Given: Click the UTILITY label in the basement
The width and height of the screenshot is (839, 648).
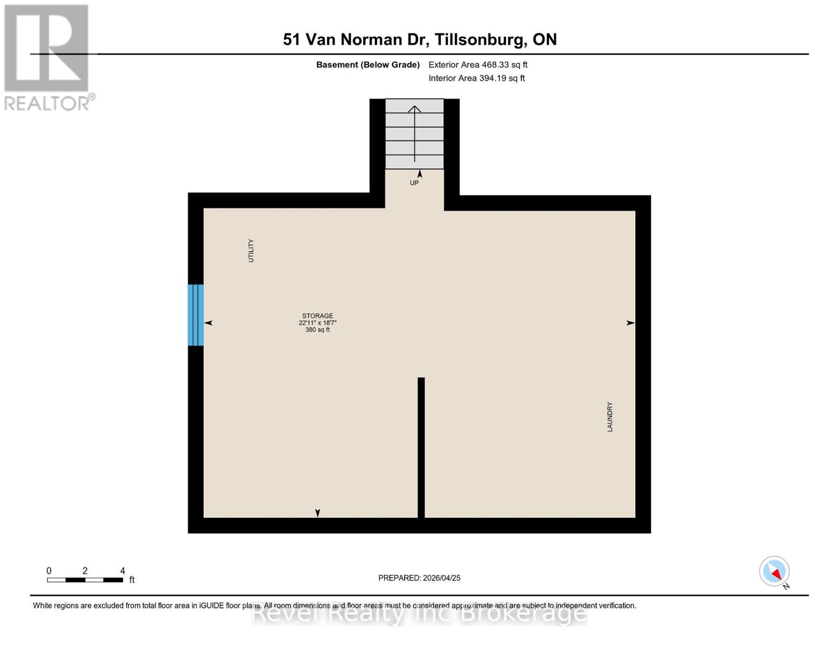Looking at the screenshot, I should click(251, 251).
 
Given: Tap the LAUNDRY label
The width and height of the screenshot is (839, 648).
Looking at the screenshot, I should click(610, 416).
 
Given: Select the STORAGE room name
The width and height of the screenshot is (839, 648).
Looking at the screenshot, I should click(318, 316).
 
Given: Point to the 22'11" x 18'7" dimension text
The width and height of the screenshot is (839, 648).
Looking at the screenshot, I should click(318, 323).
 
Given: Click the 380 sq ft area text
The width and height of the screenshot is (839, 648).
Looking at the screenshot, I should click(318, 330).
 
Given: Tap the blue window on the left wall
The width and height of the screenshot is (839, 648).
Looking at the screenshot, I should click(196, 315).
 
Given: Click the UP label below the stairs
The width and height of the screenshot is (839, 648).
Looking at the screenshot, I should click(414, 183).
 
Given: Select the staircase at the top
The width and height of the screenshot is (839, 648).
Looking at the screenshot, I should click(414, 133).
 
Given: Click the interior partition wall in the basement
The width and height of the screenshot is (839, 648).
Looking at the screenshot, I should click(421, 447).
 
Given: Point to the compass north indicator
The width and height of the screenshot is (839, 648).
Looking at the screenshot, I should click(775, 571).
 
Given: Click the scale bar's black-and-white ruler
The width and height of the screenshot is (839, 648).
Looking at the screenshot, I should click(85, 580).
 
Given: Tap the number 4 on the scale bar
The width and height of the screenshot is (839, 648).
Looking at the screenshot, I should click(123, 571).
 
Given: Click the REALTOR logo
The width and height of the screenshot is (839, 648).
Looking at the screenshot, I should click(47, 57).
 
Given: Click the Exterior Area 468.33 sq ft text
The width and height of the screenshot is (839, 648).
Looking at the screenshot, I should click(478, 65).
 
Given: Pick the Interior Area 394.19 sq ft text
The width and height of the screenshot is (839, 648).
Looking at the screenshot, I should click(476, 78).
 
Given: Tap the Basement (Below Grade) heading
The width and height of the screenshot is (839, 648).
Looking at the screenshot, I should click(368, 65).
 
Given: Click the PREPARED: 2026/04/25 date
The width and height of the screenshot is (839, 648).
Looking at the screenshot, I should click(419, 578).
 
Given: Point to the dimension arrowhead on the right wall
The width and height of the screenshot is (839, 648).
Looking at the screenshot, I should click(630, 323).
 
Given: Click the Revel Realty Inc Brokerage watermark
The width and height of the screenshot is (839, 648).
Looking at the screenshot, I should click(419, 614).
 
